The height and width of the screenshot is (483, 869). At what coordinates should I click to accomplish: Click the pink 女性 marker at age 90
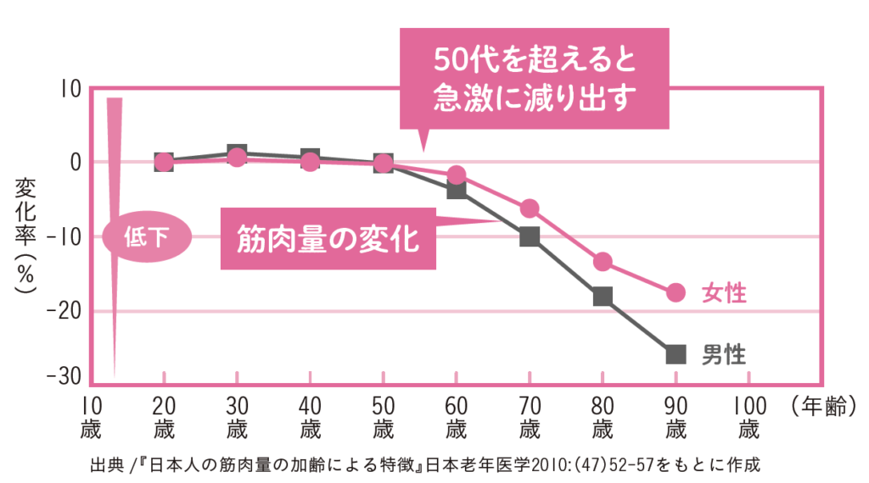[676, 292]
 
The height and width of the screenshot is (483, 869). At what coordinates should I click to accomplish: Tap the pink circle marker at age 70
[530, 208]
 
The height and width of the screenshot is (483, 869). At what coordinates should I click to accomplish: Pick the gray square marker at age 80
[603, 297]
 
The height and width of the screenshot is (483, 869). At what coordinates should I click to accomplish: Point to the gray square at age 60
[457, 189]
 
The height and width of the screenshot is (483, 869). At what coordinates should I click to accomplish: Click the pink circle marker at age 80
[603, 262]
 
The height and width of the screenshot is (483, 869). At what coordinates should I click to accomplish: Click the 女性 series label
[724, 293]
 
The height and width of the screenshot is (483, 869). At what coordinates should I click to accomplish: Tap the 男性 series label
[724, 354]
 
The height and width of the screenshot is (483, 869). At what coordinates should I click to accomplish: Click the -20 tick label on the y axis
[64, 311]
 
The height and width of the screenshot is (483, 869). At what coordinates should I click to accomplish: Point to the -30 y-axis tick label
[64, 376]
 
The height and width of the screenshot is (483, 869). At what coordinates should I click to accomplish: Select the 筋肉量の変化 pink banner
[328, 238]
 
